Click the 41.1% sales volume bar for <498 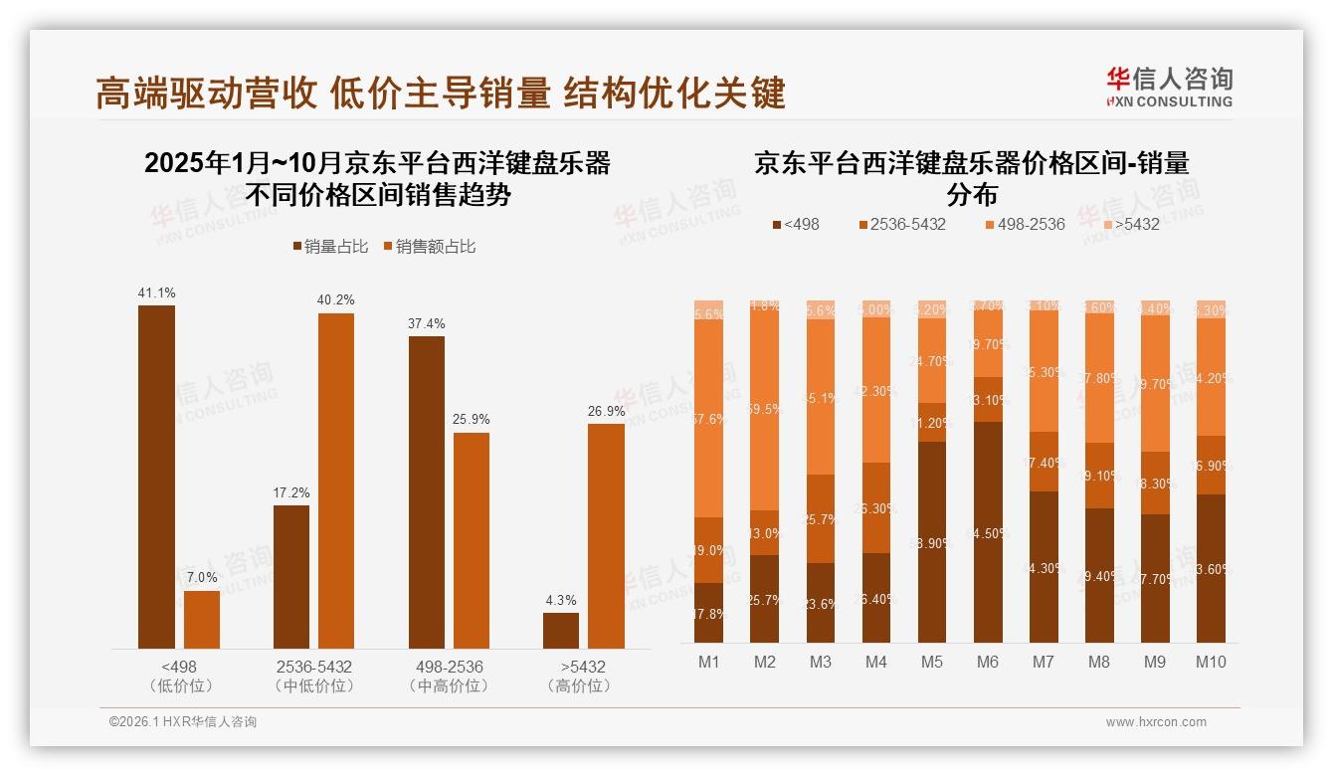pos(156,477)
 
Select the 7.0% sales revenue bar pos(202,619)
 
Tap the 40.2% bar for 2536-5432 pos(336,481)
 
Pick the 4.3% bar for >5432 pos(561,630)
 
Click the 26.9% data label pos(607,411)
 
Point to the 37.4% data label pos(427,323)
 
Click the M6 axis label pos(987,662)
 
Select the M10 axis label pos(1210,662)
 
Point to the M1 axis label pos(709,662)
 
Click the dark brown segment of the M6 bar pos(987,532)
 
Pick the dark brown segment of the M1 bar pos(709,613)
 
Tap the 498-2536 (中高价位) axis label pos(449,676)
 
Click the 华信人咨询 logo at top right pos(1169,87)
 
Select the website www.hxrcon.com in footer pos(1156,722)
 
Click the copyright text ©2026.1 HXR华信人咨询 pos(183,722)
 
